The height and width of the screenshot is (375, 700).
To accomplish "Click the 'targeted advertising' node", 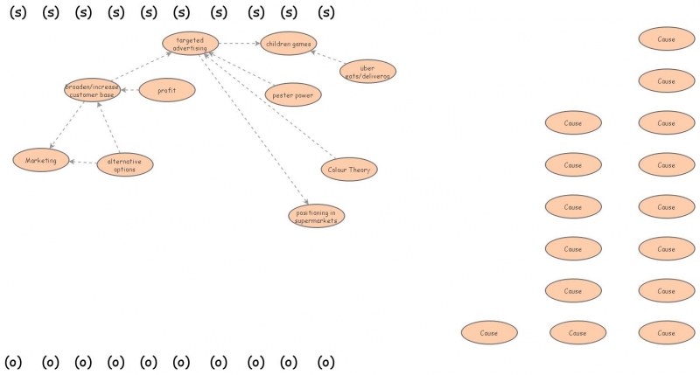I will point(190,44).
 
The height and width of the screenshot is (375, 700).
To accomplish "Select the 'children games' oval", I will point(288,43).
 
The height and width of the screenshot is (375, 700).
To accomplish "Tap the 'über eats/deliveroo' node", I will point(367,72).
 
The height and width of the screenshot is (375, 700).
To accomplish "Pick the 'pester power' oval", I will point(293,94).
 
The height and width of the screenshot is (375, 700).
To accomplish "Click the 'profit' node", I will point(167,89).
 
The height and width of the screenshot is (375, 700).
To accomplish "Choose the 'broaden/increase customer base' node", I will point(92,90).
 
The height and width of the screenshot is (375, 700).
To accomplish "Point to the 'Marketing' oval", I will point(41,160).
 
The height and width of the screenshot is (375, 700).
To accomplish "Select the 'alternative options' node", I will point(124,164).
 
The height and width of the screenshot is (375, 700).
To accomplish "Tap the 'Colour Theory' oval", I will point(349,170).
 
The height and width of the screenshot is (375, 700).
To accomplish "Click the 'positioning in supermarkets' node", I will point(316,216).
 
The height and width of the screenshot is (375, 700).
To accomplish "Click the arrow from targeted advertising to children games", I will point(239,43).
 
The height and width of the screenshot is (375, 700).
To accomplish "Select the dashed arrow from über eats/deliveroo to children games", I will point(327,57).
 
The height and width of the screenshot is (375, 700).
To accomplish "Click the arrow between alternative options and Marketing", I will point(82,163).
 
